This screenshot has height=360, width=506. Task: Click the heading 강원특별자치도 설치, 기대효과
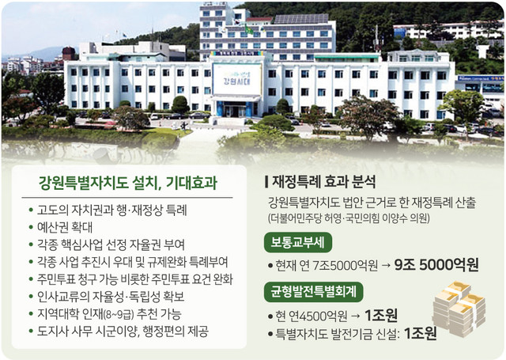point(128,183)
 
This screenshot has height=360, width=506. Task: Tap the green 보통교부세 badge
point(297,242)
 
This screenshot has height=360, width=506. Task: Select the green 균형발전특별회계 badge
point(313,292)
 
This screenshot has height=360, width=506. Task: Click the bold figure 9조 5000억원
point(436,265)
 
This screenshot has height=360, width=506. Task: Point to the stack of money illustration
point(459,309)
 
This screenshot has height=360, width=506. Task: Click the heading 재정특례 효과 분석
point(320,181)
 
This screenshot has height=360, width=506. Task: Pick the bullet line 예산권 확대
point(61,227)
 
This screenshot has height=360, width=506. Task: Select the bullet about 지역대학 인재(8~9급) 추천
point(105,314)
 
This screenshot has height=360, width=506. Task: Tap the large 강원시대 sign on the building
point(237,79)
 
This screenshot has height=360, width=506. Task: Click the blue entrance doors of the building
point(236,109)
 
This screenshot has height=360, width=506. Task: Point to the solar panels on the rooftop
point(300,19)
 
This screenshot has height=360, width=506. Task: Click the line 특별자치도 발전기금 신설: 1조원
point(352,334)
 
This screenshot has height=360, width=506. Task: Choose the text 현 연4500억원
point(308,316)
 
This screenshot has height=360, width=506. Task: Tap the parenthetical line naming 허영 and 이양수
point(349,218)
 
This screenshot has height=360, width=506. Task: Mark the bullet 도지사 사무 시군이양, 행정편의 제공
point(119,332)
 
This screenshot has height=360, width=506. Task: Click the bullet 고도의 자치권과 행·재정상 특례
point(108,210)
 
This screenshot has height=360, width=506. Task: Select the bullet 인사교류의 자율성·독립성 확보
point(107,297)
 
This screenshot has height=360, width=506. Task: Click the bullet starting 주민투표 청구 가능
point(130,279)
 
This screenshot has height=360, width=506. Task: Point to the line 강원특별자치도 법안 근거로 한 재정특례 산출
point(372,203)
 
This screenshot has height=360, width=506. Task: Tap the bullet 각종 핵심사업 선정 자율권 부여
point(107,244)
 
